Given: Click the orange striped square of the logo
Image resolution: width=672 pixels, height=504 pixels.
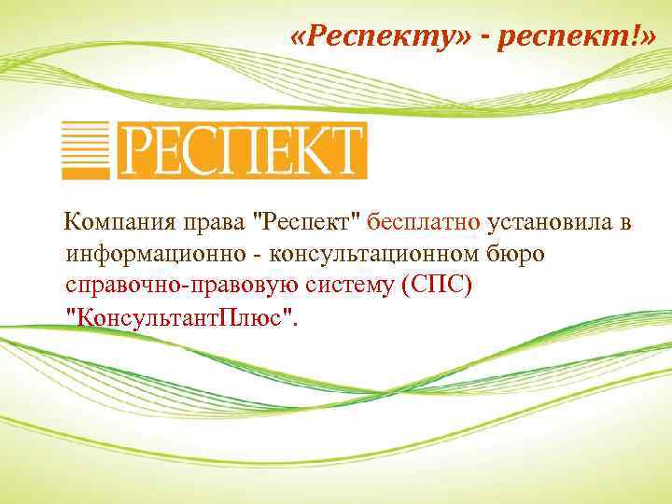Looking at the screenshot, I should tap(86, 150).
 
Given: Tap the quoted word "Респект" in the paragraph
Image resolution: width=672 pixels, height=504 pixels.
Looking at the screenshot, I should tap(306, 223).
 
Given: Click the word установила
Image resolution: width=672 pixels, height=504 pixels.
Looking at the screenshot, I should tap(551, 223).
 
